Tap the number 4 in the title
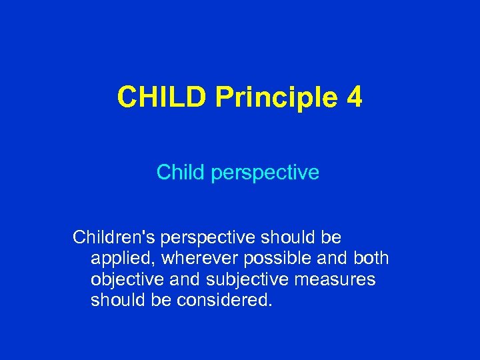[355, 98]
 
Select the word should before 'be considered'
[116, 300]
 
